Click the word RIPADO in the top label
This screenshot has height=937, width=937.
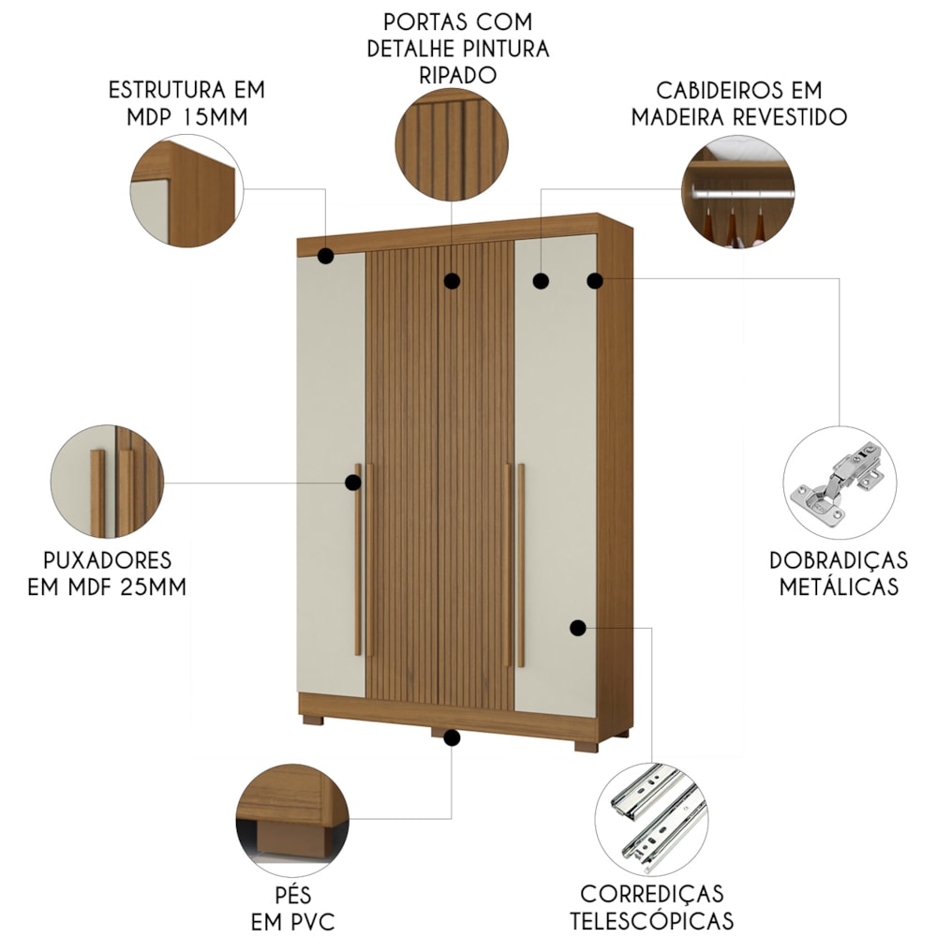[x=458, y=75]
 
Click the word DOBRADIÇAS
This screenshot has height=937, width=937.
[x=839, y=560]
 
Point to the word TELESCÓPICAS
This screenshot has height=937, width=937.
[x=651, y=920]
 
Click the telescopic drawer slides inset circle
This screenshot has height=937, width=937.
[x=651, y=819]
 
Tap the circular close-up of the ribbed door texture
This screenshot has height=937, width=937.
[x=452, y=144]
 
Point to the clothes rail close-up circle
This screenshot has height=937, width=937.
[x=738, y=191]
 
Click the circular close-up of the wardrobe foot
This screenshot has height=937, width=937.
[x=292, y=821]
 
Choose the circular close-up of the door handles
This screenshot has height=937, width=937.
[x=108, y=482]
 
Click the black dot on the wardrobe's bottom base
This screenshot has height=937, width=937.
[x=452, y=737]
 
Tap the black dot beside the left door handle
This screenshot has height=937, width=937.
[x=353, y=483]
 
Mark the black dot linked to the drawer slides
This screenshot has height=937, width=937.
[x=577, y=628]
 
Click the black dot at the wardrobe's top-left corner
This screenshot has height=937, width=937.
[x=326, y=256]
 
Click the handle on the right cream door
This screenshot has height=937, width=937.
[x=521, y=565]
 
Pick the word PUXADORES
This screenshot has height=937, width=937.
[x=108, y=560]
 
